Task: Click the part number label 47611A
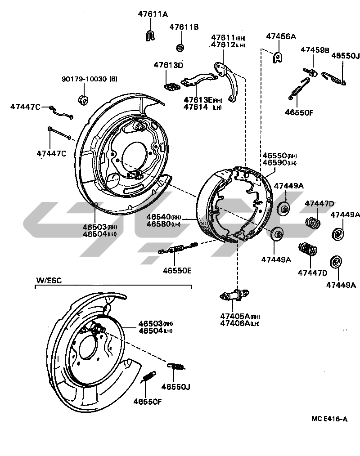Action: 153,14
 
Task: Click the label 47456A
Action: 281,36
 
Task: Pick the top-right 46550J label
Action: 346,56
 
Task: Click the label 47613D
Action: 168,65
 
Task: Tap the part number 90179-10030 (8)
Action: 89,79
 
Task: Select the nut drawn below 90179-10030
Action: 83,99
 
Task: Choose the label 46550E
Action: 177,270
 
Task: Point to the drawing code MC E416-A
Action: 329,419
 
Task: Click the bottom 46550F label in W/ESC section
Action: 147,401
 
